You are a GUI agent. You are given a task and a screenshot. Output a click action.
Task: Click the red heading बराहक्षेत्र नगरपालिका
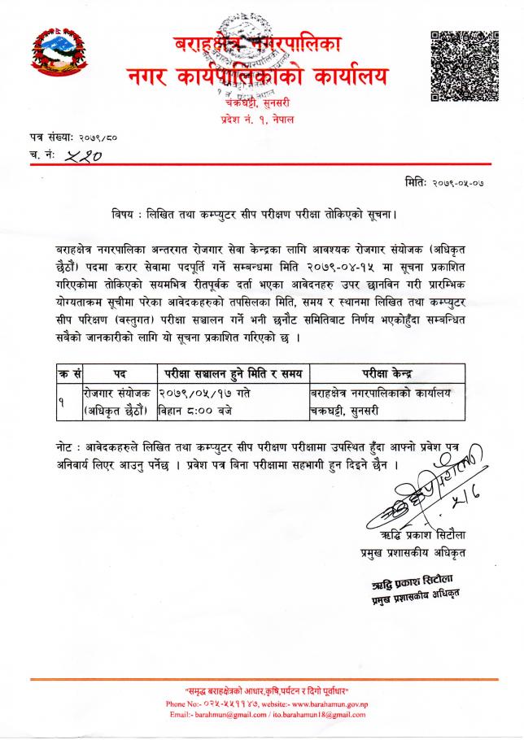coord(259,45)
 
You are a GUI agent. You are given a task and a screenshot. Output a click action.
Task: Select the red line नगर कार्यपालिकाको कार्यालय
coord(258,77)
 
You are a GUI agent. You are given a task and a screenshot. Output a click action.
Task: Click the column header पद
coord(119,373)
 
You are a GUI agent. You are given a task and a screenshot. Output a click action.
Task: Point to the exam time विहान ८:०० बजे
coord(196,411)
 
